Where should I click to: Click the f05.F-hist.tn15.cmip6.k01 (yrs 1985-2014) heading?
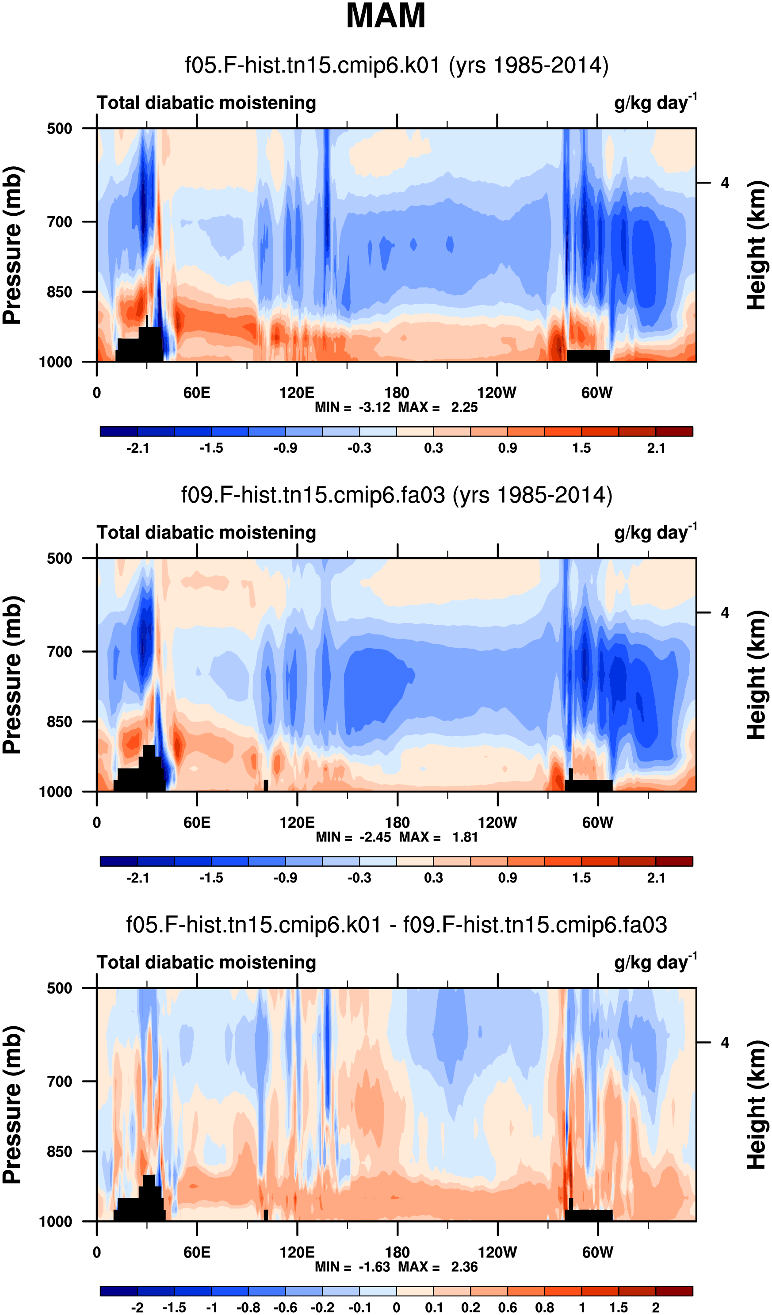[397, 66]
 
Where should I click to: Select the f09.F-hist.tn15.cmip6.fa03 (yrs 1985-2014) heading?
[397, 495]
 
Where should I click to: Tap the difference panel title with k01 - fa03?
[397, 925]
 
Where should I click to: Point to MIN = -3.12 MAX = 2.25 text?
[396, 407]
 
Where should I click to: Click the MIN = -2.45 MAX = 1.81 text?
[397, 837]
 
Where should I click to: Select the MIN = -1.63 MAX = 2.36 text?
[396, 1266]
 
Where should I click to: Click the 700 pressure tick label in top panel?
[60, 222]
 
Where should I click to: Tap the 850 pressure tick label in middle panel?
[60, 722]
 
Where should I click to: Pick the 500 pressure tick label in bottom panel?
[60, 988]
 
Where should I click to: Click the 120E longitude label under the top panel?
[297, 392]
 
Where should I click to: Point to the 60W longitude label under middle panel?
[598, 823]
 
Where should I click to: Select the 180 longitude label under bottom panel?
[397, 1252]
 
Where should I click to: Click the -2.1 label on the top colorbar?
[138, 448]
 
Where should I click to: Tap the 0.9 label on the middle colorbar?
[507, 878]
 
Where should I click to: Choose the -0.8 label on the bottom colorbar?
[248, 1307]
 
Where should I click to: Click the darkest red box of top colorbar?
[674, 432]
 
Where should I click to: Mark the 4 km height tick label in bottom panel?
[725, 1043]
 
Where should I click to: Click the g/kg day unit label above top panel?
[655, 102]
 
